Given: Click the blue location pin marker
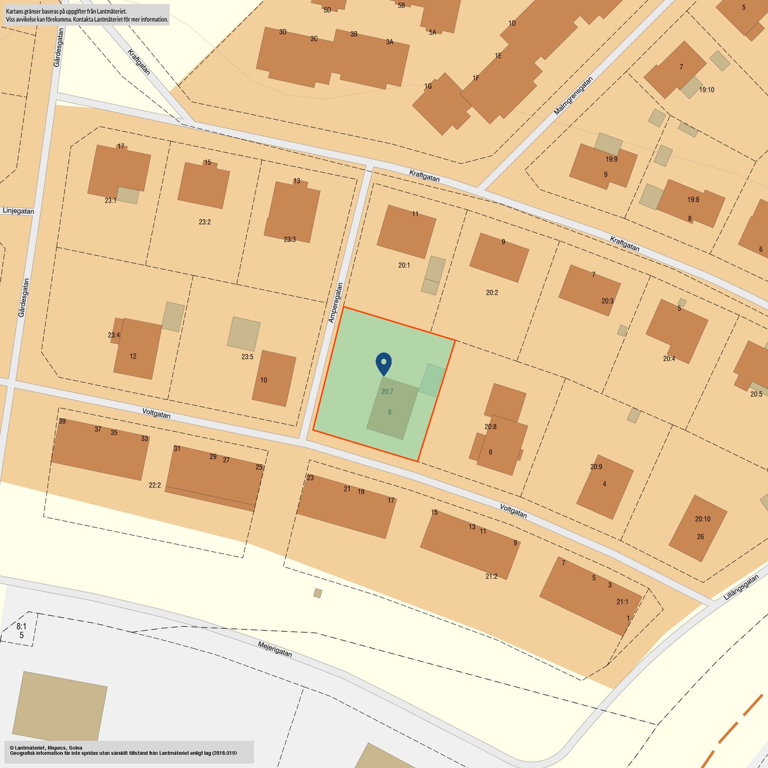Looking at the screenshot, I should pos(384,363).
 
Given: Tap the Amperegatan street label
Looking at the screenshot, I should pos(336,303).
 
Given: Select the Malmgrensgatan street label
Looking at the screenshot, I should pos(574,96).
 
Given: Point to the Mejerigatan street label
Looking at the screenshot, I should pos(275,649).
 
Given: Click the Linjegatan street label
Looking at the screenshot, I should pos(18,211).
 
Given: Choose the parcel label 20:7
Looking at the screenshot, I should pos(387,391).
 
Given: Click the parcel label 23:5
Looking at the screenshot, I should pos(247,357).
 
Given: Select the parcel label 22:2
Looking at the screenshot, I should pos(155,485).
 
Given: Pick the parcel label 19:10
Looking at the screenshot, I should pos(706,90).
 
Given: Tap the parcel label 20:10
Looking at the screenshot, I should pos(702,519).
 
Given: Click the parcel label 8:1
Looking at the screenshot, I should pos(21,627).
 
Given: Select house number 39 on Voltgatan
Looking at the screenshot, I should pos(62,421).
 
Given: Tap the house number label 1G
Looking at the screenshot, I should pos(428,86).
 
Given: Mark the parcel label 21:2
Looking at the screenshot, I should pos(492,576).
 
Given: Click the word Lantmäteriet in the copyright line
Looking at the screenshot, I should pos(30,748).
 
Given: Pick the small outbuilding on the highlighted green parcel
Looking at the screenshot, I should pos(432,380).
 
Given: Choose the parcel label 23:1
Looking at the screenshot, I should pos(110,201).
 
